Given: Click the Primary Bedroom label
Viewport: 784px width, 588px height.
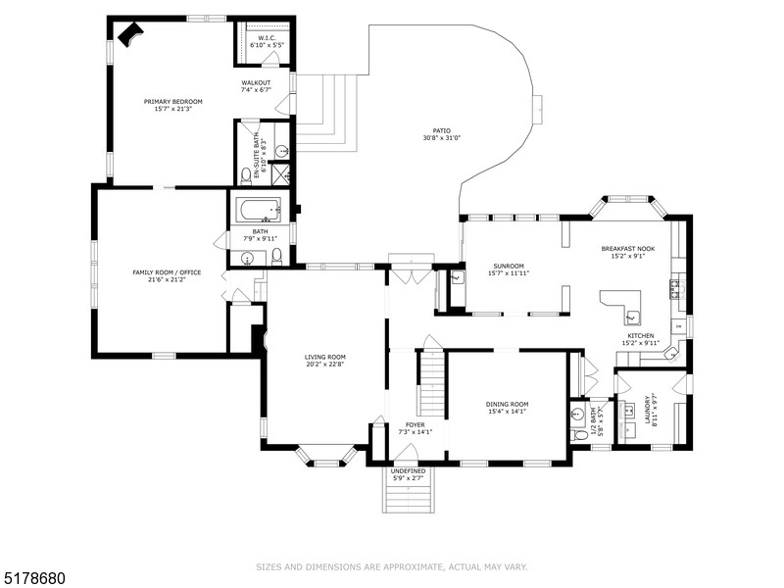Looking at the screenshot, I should (172, 102).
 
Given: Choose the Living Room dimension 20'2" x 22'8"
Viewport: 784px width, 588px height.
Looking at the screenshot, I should (324, 365).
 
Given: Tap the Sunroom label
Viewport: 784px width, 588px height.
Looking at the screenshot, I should (509, 266).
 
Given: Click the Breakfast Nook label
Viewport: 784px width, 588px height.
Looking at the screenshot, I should (628, 250).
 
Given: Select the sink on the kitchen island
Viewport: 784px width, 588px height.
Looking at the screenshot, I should (632, 316).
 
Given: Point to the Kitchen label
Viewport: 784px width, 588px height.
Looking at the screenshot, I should (642, 335).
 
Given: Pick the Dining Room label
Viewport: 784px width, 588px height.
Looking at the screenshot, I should (507, 404).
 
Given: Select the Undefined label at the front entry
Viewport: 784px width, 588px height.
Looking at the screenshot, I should (408, 470).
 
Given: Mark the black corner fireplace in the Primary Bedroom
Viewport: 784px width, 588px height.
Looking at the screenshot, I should (129, 34).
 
